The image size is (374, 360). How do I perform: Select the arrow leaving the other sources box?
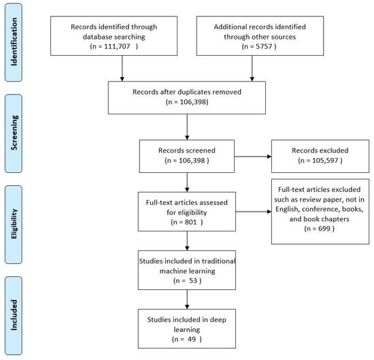253,69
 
